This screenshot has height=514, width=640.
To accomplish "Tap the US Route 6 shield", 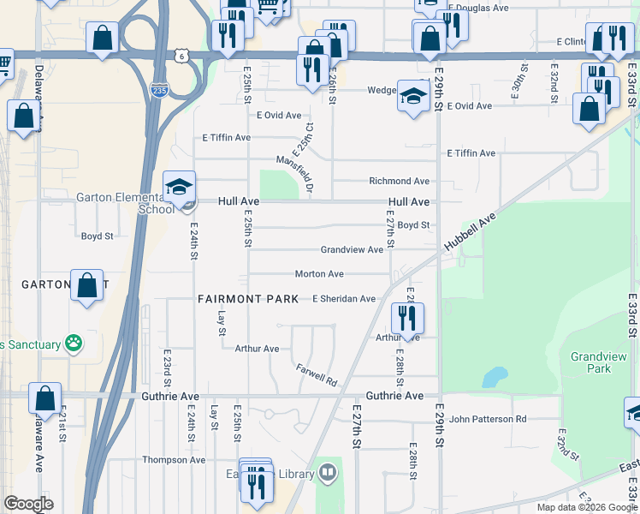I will click(181, 56).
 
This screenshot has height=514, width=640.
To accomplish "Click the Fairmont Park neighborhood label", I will click(248, 299).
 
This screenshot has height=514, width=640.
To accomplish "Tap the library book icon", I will click(328, 472).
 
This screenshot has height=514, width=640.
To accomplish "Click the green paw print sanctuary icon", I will click(74, 344).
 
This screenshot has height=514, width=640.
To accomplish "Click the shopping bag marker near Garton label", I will click(87, 286).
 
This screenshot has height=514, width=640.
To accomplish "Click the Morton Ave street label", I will click(319, 274).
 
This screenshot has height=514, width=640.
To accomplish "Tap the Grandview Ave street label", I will click(352, 250).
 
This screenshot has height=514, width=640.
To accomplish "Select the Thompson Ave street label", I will click(174, 460).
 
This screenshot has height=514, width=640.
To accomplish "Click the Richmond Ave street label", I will click(399, 182).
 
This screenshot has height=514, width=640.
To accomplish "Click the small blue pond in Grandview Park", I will click(494, 377).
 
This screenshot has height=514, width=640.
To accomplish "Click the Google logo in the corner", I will click(28, 505).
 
